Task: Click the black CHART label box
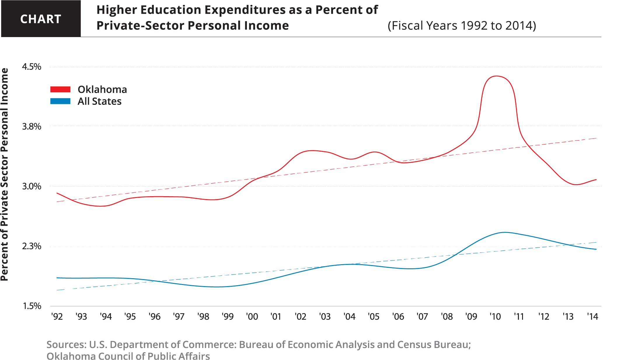pos(41,19)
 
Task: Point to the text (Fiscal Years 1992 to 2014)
pos(462,26)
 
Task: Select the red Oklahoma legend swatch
pos(60,89)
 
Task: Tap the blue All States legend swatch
pos(60,101)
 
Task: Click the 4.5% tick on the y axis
pos(32,67)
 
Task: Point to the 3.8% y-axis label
pos(32,127)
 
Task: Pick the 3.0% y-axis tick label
pos(32,186)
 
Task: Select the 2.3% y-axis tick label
pos(32,246)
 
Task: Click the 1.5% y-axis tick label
pos(32,306)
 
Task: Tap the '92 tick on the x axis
pos(57,316)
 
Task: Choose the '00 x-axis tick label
pos(252,316)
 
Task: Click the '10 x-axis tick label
pos(495,316)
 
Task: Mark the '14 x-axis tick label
pos(592,316)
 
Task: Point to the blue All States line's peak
pos(504,232)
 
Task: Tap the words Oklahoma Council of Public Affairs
pos(128,356)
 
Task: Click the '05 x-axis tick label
pos(374,316)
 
